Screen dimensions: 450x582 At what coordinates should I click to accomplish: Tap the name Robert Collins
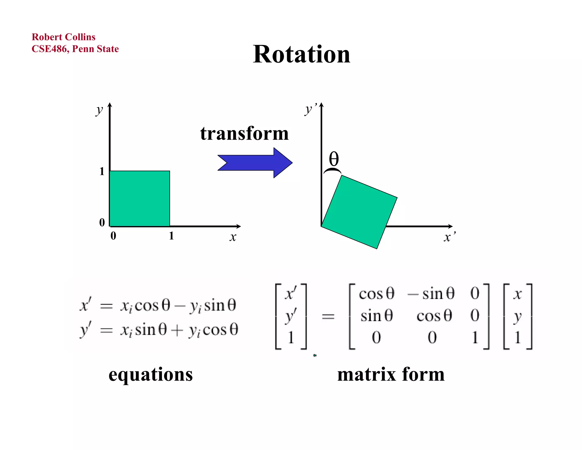(63, 37)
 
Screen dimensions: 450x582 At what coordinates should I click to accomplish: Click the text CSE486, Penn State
(75, 49)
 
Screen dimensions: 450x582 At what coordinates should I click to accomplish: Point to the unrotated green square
(140, 199)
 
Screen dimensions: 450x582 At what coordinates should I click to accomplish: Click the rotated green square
(359, 212)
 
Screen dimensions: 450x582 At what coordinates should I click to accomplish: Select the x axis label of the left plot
(233, 237)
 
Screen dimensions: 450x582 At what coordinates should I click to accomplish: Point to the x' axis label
(449, 237)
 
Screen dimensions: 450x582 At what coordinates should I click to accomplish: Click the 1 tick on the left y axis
(102, 171)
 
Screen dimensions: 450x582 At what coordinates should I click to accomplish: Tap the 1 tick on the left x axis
(171, 236)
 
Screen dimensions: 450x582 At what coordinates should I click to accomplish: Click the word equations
(151, 374)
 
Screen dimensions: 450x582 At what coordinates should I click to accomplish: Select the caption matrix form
(391, 374)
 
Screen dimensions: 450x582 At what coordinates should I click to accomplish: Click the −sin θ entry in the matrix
(431, 294)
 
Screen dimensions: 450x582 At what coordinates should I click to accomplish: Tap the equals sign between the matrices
(328, 316)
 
